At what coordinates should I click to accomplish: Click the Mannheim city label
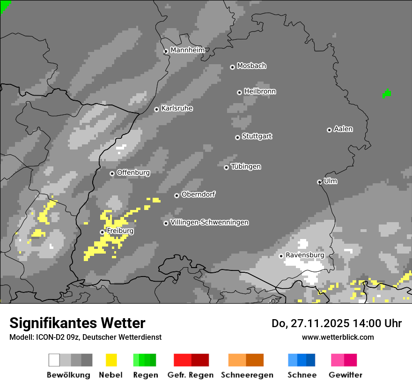pos(187,50)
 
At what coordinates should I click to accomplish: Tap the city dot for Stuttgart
pos(237,137)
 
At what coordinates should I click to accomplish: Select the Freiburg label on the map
pos(120,231)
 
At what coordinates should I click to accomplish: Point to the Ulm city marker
pos(319,182)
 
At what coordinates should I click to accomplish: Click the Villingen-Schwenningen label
pos(209,223)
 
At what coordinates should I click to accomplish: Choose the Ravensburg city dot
pos(281,256)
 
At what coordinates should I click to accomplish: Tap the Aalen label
pos(343,129)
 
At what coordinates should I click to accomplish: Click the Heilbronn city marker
pos(239,92)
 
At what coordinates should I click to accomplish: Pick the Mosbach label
pos(251,66)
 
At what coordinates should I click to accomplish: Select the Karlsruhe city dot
pos(157,110)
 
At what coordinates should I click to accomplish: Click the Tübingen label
pos(246,167)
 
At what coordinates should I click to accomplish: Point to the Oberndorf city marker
pos(177,195)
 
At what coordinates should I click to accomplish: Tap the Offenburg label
pos(133,172)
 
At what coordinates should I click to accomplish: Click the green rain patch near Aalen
pos(387,94)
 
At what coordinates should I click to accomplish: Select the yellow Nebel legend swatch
pos(111,360)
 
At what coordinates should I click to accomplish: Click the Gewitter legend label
pos(345,375)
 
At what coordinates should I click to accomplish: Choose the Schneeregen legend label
pos(247,375)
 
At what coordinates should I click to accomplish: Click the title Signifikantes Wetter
pos(77,323)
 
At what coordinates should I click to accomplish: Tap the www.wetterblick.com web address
pos(338,337)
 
